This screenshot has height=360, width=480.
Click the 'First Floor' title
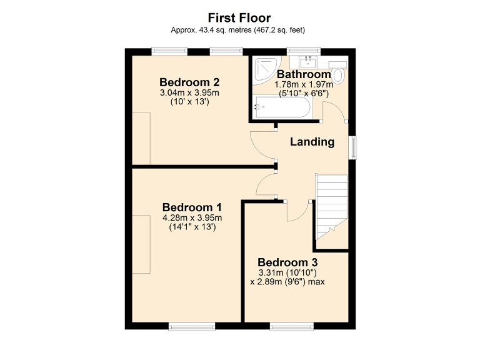click(239, 17)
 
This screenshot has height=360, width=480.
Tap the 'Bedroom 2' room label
click(189, 82)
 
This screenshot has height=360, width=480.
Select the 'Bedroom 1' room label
click(192, 207)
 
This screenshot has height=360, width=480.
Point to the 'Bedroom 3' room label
click(287, 262)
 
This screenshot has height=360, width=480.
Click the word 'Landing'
click(312, 142)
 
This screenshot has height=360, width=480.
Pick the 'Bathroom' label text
click(304, 74)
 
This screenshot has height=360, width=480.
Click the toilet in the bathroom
click(339, 74)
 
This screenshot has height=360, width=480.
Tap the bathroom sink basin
click(308, 62)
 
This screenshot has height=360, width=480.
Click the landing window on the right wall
click(354, 147)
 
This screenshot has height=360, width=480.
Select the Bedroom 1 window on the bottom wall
click(192, 325)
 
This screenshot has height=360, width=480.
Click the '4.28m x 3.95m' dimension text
click(192, 218)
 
